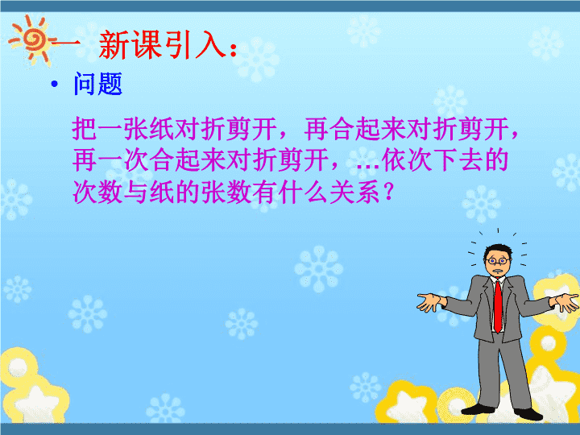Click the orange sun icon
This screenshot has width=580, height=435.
(x=32, y=40)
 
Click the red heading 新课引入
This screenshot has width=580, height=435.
(x=162, y=45)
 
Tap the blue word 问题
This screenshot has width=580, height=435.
(x=98, y=84)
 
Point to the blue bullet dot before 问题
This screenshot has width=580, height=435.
(x=55, y=85)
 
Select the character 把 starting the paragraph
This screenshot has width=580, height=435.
(x=85, y=128)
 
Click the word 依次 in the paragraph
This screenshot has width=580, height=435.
(x=407, y=160)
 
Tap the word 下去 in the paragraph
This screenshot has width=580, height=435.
(x=458, y=160)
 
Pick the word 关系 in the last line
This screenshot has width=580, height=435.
(x=354, y=192)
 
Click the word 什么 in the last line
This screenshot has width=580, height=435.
(x=304, y=192)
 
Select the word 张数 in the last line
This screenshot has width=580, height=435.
(x=226, y=192)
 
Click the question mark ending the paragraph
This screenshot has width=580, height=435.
(x=388, y=192)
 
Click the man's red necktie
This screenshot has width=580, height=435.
(x=499, y=306)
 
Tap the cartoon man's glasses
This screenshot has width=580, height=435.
(x=498, y=261)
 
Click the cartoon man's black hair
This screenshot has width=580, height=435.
(x=498, y=249)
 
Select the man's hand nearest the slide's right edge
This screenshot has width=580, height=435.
(x=566, y=301)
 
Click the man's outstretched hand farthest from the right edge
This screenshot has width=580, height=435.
(x=430, y=302)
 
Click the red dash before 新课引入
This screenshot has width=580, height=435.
(x=66, y=45)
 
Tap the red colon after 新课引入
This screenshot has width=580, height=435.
(x=233, y=50)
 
